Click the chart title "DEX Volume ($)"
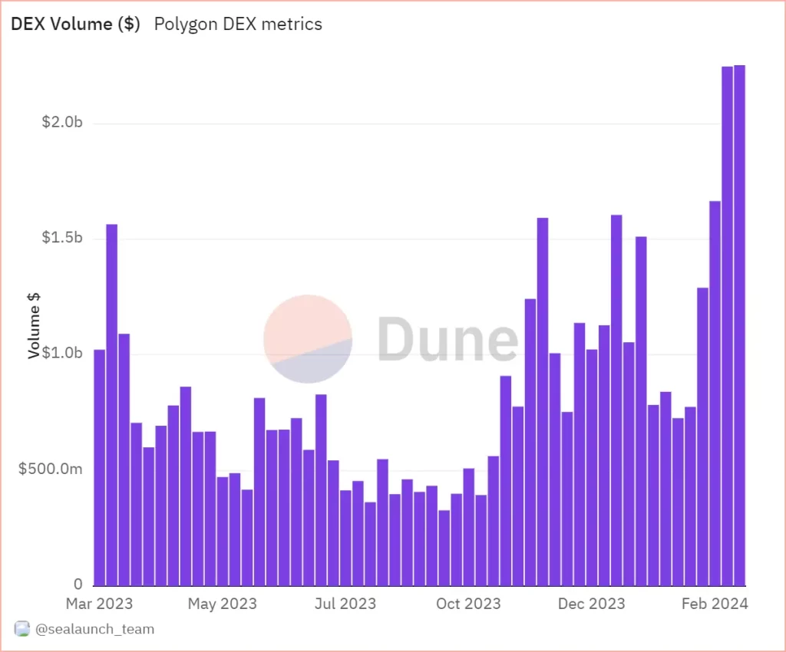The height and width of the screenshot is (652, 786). point(75,24)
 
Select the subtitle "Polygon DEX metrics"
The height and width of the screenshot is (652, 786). point(238,24)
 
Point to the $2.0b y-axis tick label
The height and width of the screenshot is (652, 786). point(62,123)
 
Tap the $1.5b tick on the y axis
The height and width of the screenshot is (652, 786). point(62,239)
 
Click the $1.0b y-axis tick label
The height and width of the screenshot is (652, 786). point(62,354)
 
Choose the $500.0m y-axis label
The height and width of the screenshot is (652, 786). point(51,469)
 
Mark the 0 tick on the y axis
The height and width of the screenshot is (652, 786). point(78,584)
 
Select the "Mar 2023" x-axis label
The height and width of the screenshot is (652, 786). point(99,604)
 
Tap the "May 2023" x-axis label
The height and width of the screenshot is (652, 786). point(223,604)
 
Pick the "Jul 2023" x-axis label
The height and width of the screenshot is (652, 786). point(345,604)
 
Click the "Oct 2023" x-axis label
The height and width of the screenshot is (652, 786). point(469,604)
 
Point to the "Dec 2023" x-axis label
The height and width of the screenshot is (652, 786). point(592,604)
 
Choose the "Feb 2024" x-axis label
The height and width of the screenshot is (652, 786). point(715,604)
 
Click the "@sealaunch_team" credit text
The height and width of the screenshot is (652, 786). point(94,630)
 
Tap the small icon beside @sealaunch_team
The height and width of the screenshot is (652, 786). point(22,630)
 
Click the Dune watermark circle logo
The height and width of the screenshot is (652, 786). point(308,338)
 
